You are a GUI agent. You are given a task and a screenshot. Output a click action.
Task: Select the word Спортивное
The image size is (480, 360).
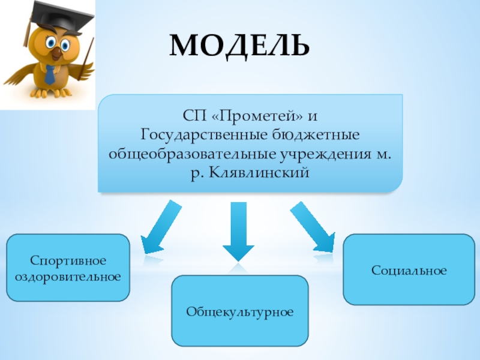click(x=68, y=261)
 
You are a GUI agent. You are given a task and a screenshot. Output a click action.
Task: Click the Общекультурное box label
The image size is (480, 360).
click(x=239, y=312)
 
